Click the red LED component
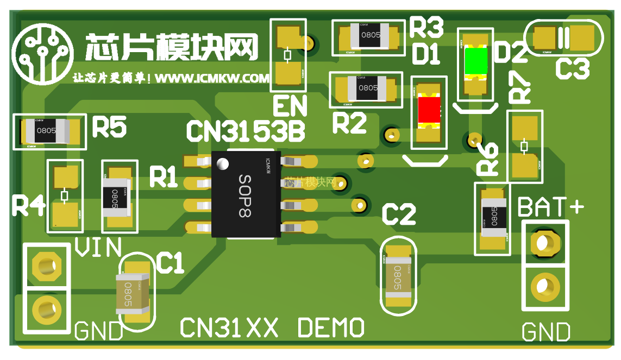coord(429,111)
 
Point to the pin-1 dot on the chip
coord(222,163)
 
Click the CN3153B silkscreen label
coord(245,131)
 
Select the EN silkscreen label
coord(290,106)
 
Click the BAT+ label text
coord(550,207)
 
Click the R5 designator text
coord(109,128)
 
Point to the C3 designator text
coord(572,69)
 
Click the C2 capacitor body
coord(399,275)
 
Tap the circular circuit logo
coord(42,51)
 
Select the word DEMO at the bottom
coord(331,327)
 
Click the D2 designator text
coord(512,53)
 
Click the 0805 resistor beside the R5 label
coord(46,130)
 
